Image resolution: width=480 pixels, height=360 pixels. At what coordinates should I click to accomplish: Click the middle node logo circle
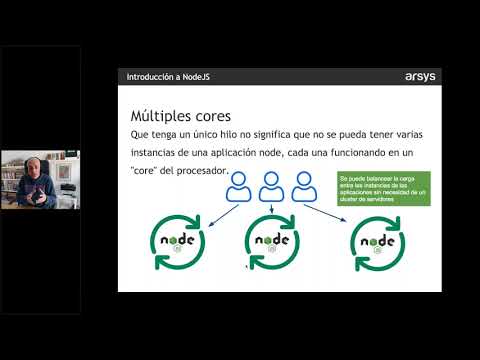[273, 241]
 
